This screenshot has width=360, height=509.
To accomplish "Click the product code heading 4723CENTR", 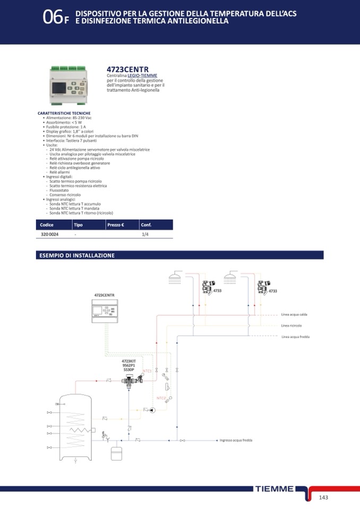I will (127, 70).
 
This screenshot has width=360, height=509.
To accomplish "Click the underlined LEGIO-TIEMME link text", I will (142, 76).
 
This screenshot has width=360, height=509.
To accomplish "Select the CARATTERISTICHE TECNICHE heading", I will (64, 113).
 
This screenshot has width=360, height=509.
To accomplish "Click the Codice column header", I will (47, 225).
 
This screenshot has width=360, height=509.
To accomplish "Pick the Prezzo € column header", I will (115, 225).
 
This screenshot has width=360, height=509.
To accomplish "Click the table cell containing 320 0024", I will (50, 234).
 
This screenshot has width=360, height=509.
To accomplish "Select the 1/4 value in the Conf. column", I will (145, 234).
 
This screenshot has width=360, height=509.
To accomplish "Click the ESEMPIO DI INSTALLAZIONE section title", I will (77, 255).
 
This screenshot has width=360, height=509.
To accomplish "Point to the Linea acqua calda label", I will (294, 315).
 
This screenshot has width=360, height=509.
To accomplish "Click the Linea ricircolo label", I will (292, 325).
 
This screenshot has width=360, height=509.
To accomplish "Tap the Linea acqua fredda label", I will (295, 337).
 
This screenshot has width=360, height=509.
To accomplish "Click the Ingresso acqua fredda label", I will (236, 440).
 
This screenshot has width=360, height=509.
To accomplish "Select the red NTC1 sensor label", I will (147, 370).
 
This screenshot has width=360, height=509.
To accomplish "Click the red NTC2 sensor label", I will (161, 398).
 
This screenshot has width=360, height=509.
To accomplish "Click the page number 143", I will (324, 497).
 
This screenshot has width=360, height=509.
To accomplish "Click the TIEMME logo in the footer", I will (274, 488).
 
